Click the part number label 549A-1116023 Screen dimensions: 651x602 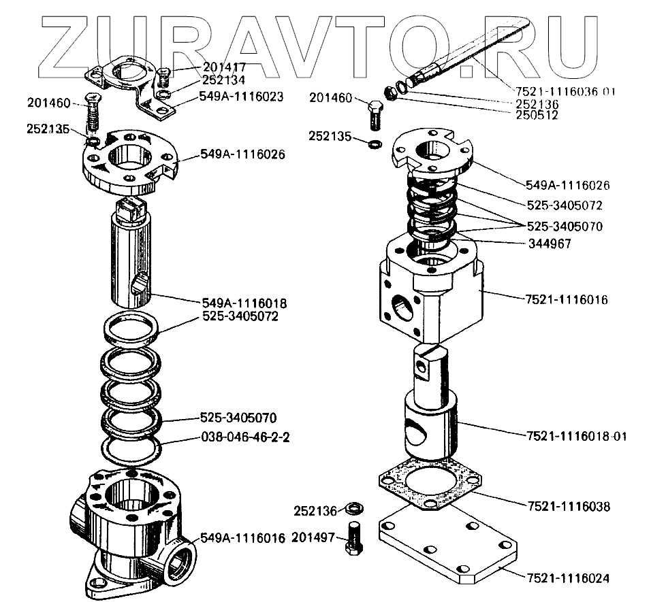point(242,97)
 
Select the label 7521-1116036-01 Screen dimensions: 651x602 point(565,92)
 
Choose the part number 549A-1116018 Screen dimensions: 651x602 point(244,303)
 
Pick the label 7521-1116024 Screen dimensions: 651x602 point(568,578)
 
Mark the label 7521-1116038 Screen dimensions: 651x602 point(569,506)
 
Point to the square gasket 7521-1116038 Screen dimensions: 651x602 point(429,487)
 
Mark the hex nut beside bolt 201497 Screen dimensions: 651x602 point(353,508)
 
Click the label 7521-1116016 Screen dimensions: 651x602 point(567,299)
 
